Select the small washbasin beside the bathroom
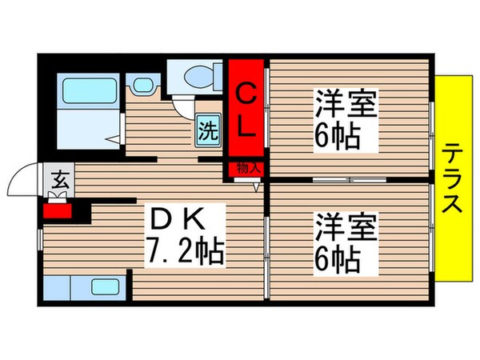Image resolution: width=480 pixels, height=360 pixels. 144,83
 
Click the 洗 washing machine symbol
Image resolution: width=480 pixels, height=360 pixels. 206,130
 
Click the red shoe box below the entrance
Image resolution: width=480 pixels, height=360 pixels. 58,212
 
